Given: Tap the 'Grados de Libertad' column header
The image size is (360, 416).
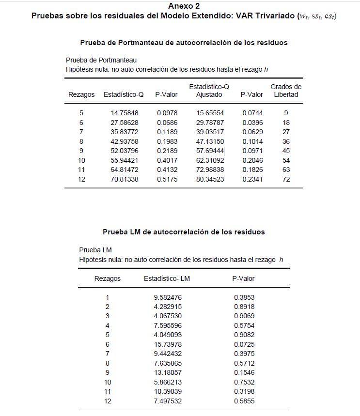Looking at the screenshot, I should tap(286, 91).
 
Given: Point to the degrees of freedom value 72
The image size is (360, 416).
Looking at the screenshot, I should tap(286, 179).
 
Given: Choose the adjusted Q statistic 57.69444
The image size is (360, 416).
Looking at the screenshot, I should tap(210, 151).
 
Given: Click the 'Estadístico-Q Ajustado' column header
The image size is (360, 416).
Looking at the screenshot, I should tap(209, 91).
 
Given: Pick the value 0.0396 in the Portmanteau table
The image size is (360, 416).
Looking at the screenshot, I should tap(252, 123).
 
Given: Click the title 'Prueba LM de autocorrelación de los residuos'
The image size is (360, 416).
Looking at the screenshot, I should tap(184, 232).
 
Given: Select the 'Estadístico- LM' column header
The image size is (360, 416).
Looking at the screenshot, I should tap(167, 278).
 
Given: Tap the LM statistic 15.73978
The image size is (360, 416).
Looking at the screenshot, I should tap(167, 344).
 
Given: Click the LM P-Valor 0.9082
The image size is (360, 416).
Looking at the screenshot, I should tap(244, 335).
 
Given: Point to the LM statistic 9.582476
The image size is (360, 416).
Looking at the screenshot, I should tap(167, 297).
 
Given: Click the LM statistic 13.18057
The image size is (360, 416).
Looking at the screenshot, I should tap(167, 372).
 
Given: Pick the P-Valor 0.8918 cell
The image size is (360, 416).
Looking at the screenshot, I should tap(244, 307).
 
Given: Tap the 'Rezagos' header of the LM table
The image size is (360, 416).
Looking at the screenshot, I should tap(108, 278).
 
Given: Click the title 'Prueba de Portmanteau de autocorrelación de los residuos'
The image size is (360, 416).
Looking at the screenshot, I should tap(184, 43).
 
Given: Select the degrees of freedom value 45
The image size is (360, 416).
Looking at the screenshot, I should tap(286, 151).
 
